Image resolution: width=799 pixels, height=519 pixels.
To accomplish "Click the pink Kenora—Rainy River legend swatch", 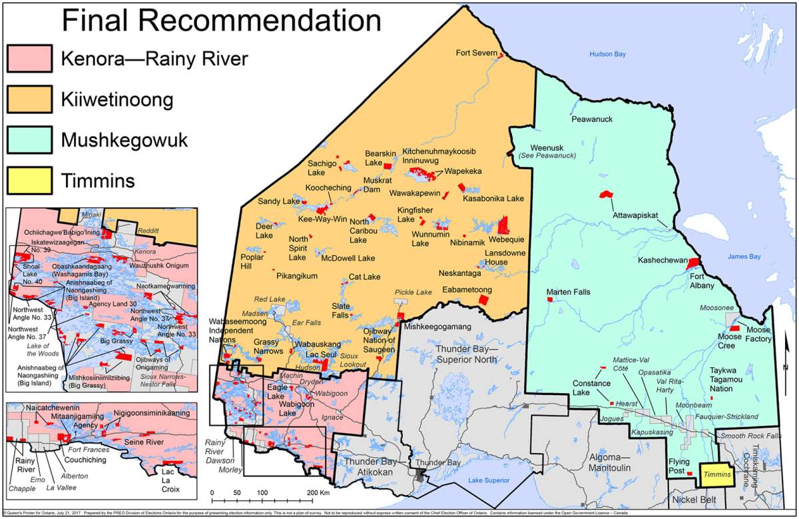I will point(29,59).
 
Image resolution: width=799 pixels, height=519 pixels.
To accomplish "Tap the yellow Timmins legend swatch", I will point(29,181).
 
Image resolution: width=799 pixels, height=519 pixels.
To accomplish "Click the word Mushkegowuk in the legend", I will point(125,141).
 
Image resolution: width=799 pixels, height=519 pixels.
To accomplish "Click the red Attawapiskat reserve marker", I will point(606,195).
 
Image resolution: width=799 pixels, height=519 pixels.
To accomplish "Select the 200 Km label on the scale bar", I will point(320,493).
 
